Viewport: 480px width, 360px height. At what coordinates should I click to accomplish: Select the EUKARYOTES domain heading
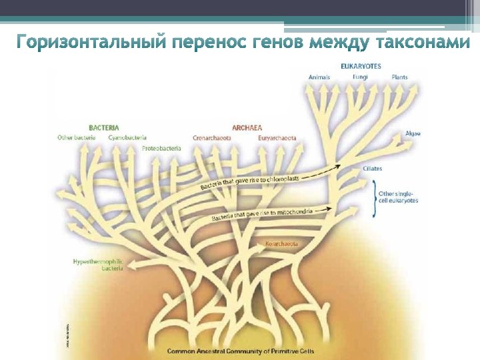pyautogui.click(x=361, y=67)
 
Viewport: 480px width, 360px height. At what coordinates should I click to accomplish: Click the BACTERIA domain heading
pyautogui.click(x=104, y=127)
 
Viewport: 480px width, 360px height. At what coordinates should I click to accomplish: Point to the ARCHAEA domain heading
pyautogui.click(x=247, y=127)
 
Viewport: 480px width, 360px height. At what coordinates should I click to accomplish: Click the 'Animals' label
pyautogui.click(x=319, y=77)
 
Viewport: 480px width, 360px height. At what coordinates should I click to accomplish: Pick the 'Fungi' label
pyautogui.click(x=360, y=77)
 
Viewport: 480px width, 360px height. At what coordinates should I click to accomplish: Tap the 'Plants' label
pyautogui.click(x=400, y=77)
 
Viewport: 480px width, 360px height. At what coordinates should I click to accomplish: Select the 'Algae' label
pyautogui.click(x=413, y=133)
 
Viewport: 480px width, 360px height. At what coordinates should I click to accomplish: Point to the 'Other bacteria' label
pyautogui.click(x=76, y=138)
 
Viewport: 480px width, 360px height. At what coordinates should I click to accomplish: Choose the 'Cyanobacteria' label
pyautogui.click(x=127, y=138)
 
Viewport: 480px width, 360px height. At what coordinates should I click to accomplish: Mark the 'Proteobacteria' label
pyautogui.click(x=161, y=148)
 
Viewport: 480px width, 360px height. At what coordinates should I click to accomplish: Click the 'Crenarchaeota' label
pyautogui.click(x=212, y=138)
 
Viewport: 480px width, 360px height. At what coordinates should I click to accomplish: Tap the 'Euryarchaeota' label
pyautogui.click(x=277, y=138)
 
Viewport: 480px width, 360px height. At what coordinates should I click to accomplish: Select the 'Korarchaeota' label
pyautogui.click(x=281, y=244)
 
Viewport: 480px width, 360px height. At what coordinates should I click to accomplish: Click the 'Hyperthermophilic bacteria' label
pyautogui.click(x=98, y=265)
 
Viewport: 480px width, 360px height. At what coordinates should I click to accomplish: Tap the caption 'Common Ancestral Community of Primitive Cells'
pyautogui.click(x=240, y=351)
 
